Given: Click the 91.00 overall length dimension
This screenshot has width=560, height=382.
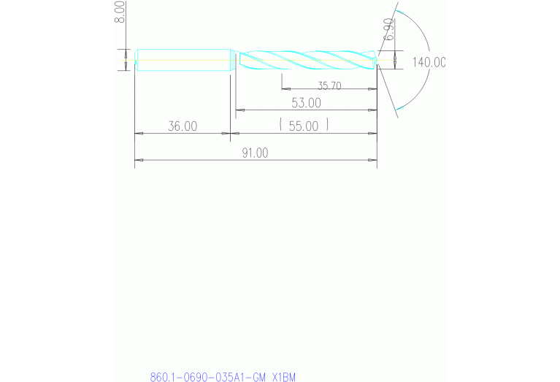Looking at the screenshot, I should (256, 153).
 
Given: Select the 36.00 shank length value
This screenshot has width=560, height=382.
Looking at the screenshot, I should (183, 126).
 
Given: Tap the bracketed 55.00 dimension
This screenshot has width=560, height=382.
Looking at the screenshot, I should (304, 126).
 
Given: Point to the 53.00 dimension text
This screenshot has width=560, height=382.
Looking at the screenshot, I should (306, 102).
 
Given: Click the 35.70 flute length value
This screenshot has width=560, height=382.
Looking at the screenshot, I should (329, 85).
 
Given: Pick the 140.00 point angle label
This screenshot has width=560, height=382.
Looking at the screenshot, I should (429, 62).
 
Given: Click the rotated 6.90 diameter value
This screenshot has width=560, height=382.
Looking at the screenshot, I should (389, 30).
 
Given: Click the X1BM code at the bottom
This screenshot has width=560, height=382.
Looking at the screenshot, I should (283, 377).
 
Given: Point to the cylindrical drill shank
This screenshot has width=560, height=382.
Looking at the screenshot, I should (183, 60).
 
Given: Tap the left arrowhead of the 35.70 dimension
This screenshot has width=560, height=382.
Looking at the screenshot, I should (285, 88).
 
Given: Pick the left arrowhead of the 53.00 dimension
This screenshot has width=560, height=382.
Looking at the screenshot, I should (238, 110).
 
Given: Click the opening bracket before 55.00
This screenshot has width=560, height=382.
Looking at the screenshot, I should (281, 126).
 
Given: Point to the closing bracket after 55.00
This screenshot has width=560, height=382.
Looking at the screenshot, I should (327, 126).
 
